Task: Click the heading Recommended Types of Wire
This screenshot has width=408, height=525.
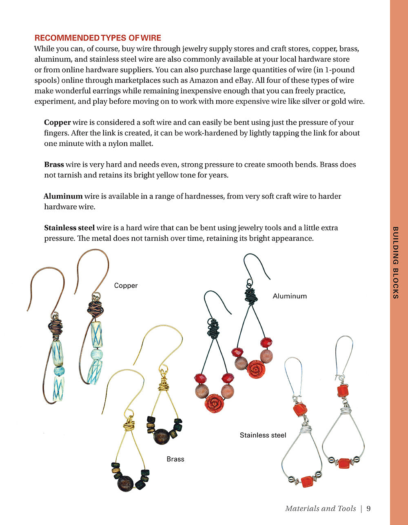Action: pyautogui.click(x=98, y=38)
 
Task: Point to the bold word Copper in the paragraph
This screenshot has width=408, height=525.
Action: pyautogui.click(x=58, y=122)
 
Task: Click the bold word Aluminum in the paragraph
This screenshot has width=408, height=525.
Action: pyautogui.click(x=63, y=196)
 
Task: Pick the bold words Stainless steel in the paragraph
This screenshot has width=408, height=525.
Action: pyautogui.click(x=69, y=228)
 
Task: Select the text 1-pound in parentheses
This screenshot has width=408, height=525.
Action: pyautogui.click(x=337, y=70)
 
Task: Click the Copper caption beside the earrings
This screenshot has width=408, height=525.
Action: pyautogui.click(x=126, y=286)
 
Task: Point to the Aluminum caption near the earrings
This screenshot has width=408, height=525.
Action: pyautogui.click(x=290, y=296)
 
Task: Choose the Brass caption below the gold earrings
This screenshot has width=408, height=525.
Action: pyautogui.click(x=175, y=459)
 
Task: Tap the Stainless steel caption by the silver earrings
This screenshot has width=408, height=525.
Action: pyautogui.click(x=263, y=435)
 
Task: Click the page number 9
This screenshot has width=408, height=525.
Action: pyautogui.click(x=368, y=508)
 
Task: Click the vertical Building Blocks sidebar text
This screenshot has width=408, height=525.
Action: pyautogui.click(x=395, y=262)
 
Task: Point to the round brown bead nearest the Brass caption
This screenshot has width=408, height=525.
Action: pyautogui.click(x=161, y=436)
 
